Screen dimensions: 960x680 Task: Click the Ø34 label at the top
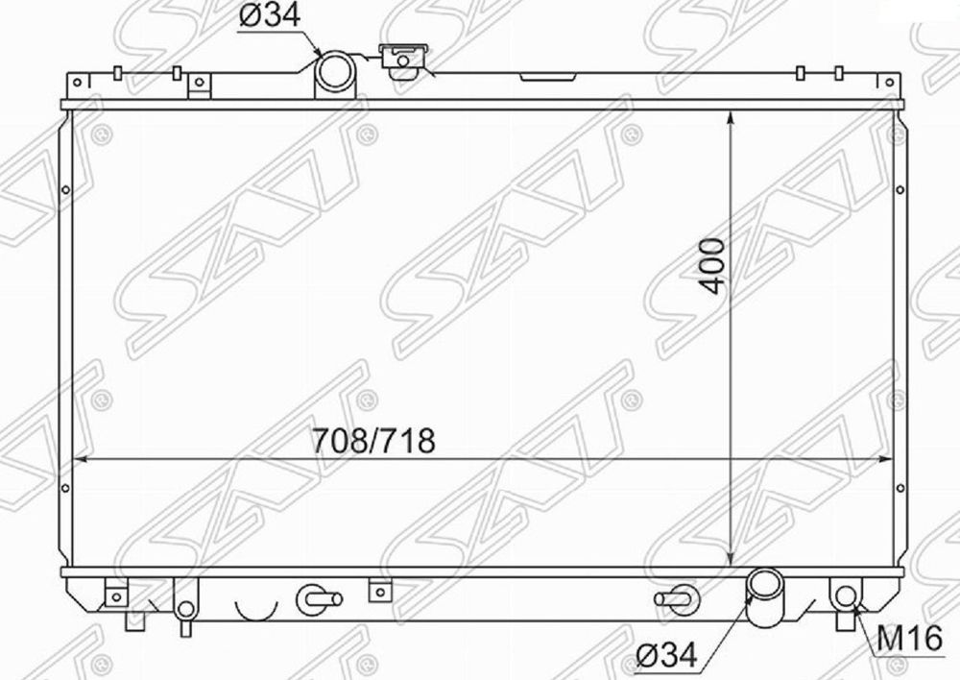270,16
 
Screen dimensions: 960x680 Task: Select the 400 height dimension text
712,266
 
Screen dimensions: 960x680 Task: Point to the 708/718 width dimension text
373,441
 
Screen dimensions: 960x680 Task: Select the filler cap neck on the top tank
403,61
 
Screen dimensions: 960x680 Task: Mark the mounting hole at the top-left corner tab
77,82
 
